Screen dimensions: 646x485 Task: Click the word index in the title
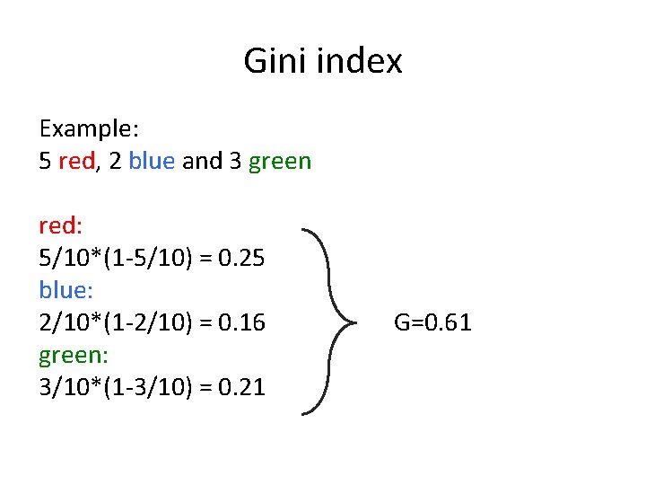[x=354, y=61]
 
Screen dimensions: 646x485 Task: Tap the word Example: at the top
[x=95, y=129]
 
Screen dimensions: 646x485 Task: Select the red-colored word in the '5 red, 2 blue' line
[x=76, y=162]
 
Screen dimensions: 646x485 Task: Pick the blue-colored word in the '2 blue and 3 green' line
[x=153, y=162]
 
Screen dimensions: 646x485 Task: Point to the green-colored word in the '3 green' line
[x=280, y=162]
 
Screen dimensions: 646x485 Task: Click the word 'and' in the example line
[x=202, y=162]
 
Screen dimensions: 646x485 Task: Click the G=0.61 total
[x=432, y=322]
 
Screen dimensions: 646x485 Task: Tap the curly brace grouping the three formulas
[x=327, y=322]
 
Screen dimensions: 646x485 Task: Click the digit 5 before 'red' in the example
[x=46, y=162]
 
